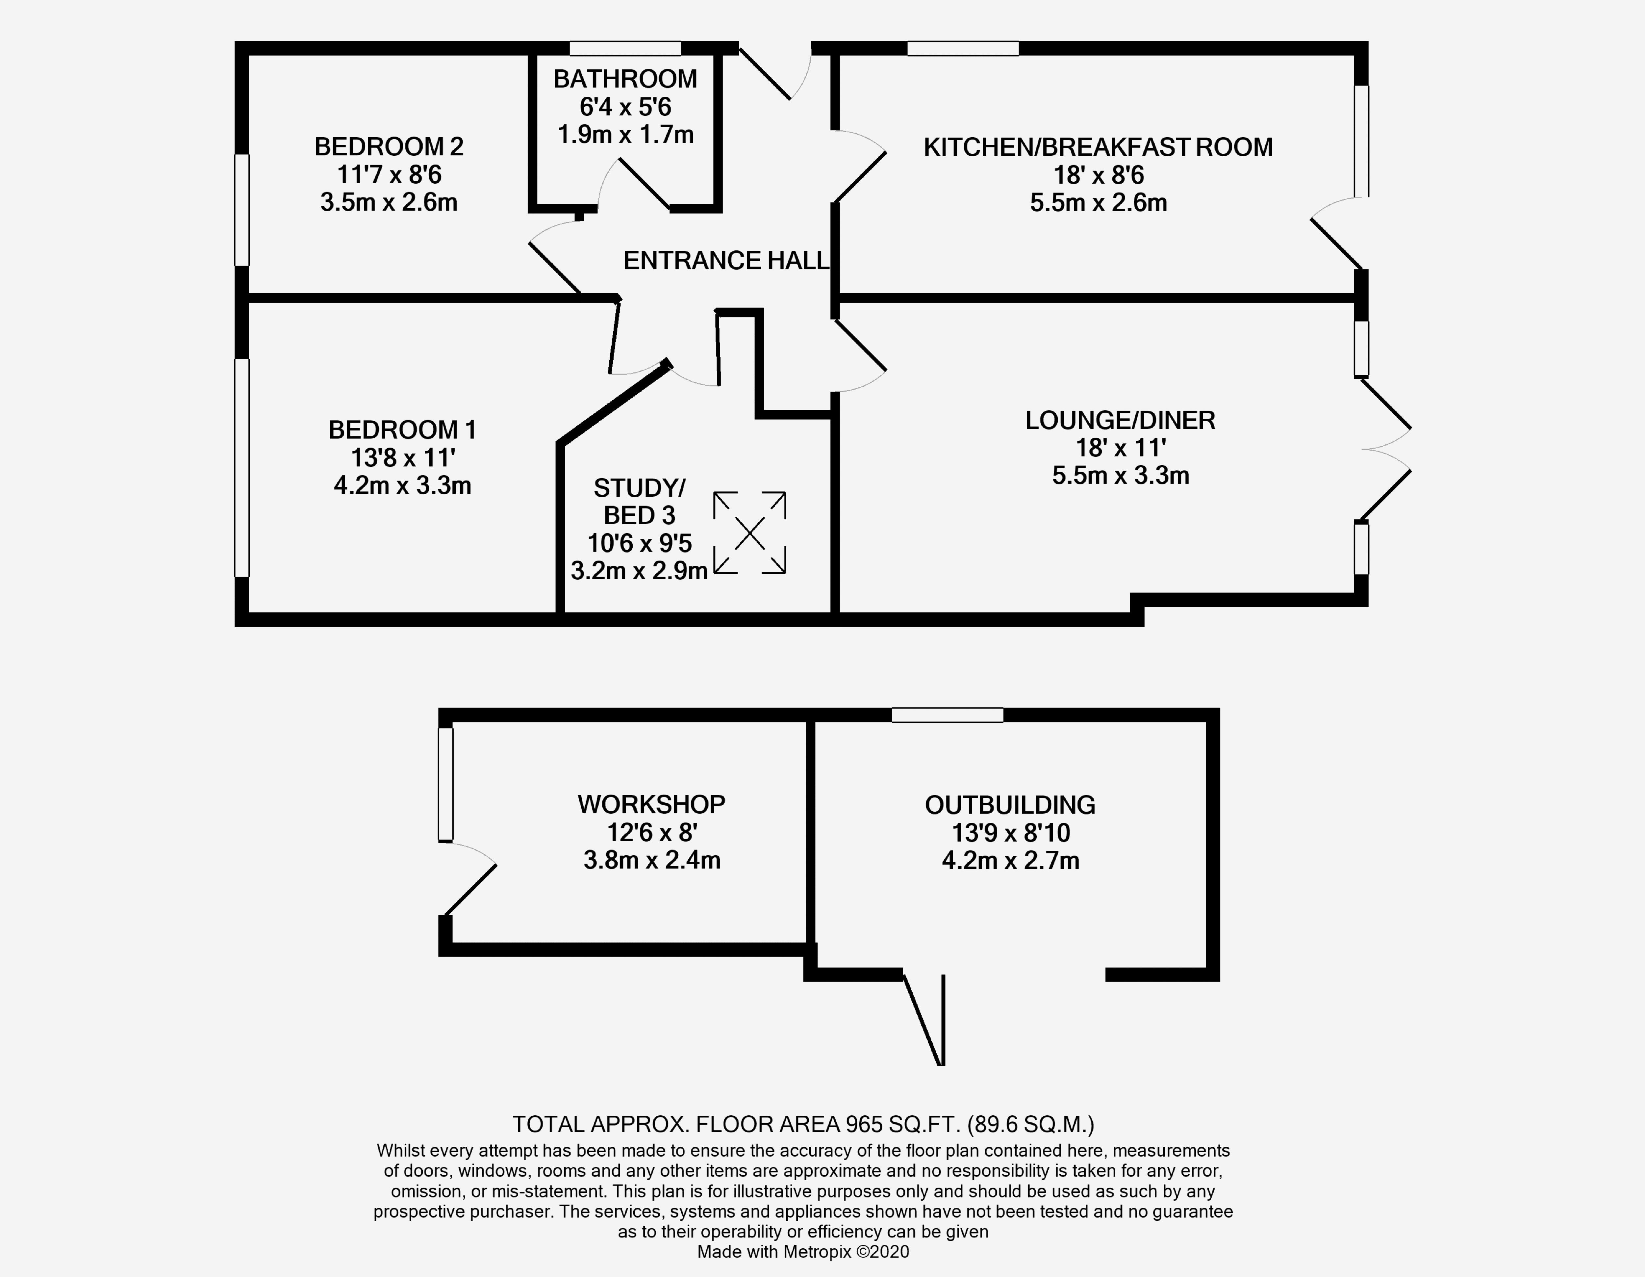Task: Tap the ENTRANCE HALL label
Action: pos(725,261)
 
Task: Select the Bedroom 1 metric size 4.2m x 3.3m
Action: pos(402,485)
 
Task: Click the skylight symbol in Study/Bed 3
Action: pos(749,534)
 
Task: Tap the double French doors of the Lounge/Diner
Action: pos(1386,450)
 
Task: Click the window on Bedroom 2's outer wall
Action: pos(242,210)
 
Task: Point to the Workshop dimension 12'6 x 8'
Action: pos(651,832)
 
